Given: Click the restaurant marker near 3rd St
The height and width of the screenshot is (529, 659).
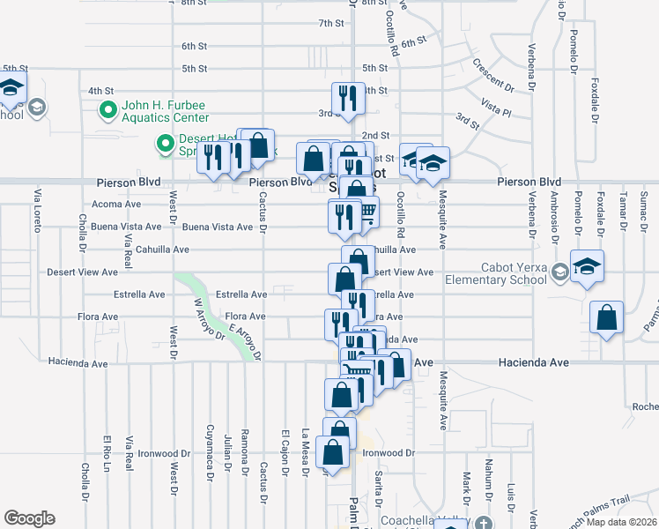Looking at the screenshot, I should point(348,99).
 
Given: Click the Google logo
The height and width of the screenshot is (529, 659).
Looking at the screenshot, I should point(29,518).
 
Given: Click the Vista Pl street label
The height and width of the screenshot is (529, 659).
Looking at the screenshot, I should point(496,103).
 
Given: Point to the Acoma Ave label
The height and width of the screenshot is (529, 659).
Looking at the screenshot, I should point(116,204).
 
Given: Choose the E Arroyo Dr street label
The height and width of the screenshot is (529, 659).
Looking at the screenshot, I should point(245,341).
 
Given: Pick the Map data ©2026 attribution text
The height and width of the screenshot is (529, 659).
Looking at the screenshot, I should point(620,522).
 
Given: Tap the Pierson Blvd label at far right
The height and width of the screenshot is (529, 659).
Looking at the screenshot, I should point(528,182).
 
